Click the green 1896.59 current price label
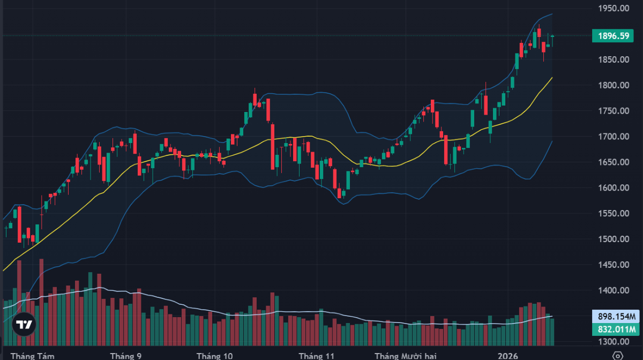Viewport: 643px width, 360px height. [x=614, y=36]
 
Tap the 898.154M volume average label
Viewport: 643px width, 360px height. [x=614, y=316]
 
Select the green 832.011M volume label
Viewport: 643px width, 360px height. [x=614, y=329]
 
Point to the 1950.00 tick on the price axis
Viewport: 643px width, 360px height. [x=614, y=9]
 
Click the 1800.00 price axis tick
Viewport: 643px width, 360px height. [x=614, y=85]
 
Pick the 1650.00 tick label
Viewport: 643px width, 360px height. [x=614, y=162]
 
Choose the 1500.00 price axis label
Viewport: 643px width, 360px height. [x=614, y=239]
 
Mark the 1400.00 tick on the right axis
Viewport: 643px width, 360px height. [x=614, y=290]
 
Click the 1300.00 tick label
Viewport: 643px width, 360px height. [x=614, y=342]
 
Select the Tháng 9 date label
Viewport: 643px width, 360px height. [x=126, y=355]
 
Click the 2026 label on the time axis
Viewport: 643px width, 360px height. [x=508, y=355]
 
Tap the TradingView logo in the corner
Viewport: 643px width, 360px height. [x=24, y=325]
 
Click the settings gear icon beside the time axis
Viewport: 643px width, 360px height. [x=618, y=355]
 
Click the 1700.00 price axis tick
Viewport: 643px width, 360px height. [x=614, y=137]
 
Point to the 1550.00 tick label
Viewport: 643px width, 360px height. [x=614, y=214]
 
